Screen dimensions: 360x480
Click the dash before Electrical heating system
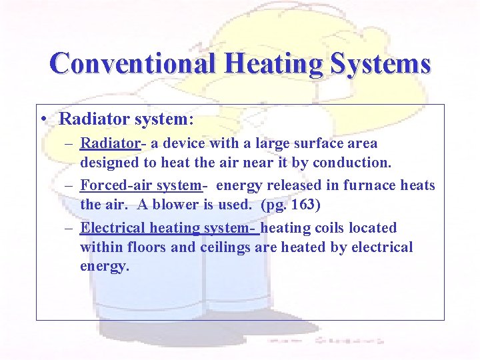[x=70, y=229]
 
